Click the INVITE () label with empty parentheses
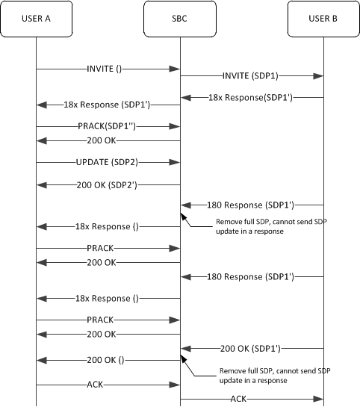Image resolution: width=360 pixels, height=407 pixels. [104, 69]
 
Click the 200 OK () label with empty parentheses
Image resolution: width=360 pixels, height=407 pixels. [109, 359]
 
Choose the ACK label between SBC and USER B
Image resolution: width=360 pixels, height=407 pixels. [238, 400]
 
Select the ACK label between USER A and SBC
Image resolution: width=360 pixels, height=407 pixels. [108, 385]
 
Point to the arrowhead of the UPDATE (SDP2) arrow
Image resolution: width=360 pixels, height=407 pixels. [176, 161]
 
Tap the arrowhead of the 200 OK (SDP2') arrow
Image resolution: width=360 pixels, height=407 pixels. [40, 184]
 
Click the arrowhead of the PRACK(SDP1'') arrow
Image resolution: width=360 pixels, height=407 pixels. [176, 126]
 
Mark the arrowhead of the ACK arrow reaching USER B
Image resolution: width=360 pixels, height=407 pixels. [320, 400]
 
